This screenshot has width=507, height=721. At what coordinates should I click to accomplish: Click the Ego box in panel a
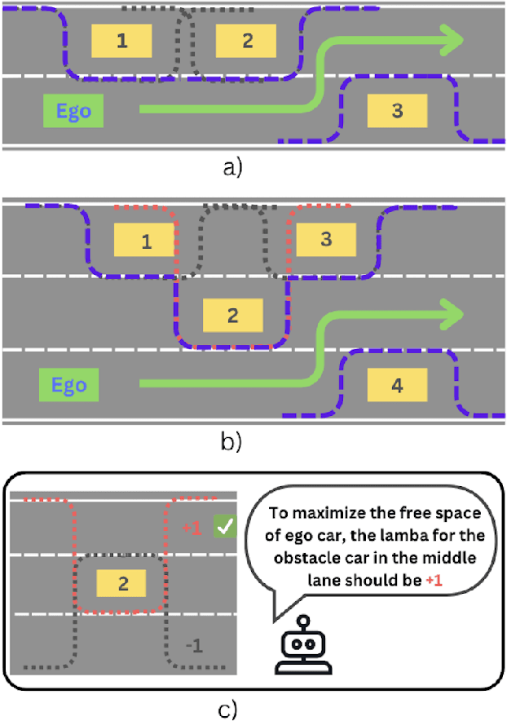point(74,111)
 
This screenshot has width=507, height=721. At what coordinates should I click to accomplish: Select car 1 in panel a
point(121,41)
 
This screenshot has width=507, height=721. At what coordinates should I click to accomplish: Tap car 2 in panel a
point(247,41)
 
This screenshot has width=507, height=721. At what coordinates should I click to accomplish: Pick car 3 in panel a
point(397,111)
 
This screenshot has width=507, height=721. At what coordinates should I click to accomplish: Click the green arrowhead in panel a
point(450,38)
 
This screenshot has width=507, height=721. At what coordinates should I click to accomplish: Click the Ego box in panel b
point(69,383)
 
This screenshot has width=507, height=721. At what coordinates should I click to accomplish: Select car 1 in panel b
point(145,241)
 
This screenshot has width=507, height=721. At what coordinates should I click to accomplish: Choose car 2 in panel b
point(232,315)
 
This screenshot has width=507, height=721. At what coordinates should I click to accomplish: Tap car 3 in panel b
point(326,240)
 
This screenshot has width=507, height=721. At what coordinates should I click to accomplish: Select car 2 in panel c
point(121,583)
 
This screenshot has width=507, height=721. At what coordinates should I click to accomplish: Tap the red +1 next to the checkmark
point(192,528)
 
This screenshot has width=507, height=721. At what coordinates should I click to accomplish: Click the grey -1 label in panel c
point(193,646)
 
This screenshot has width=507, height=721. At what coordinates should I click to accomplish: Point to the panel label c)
point(228,709)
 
